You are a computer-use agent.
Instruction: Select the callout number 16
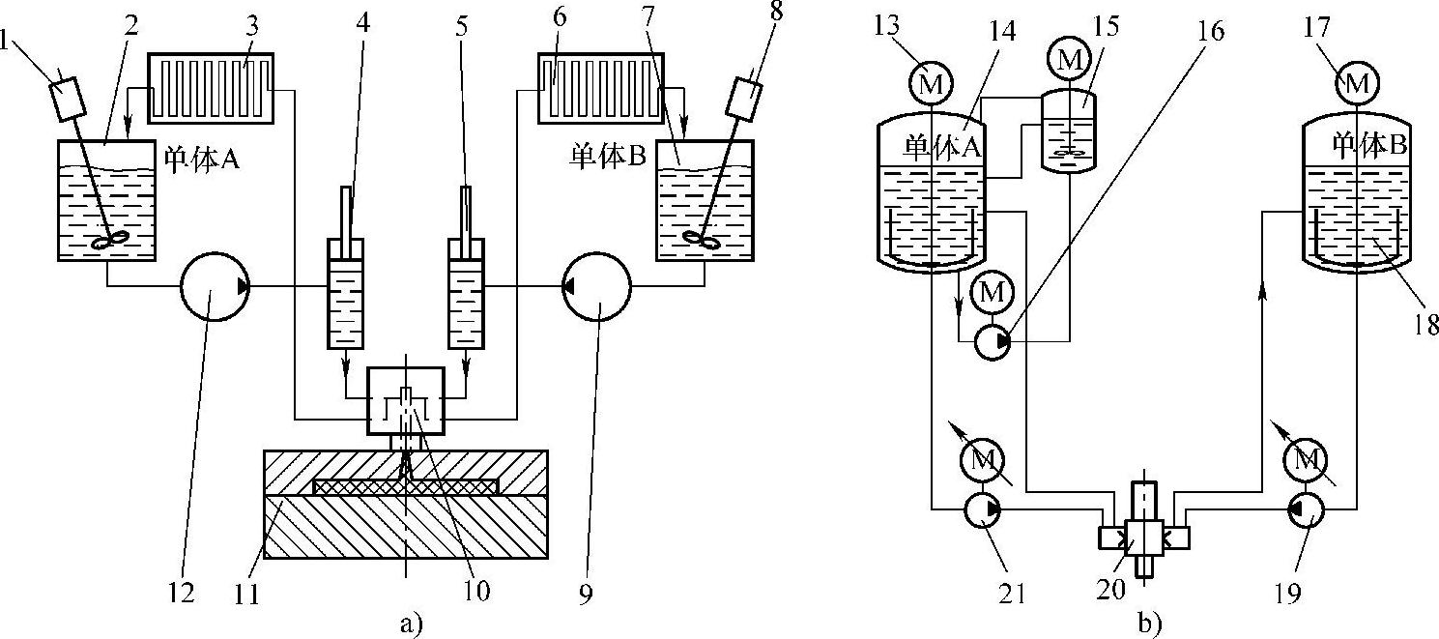point(1209,31)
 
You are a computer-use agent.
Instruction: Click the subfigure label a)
point(412,624)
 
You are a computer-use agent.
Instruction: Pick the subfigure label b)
point(1147,624)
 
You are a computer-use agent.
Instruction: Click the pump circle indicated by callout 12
point(215,286)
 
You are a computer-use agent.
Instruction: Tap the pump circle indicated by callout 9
point(596,286)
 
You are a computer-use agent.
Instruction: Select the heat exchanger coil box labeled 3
point(212,88)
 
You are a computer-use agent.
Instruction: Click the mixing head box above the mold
point(407,400)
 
